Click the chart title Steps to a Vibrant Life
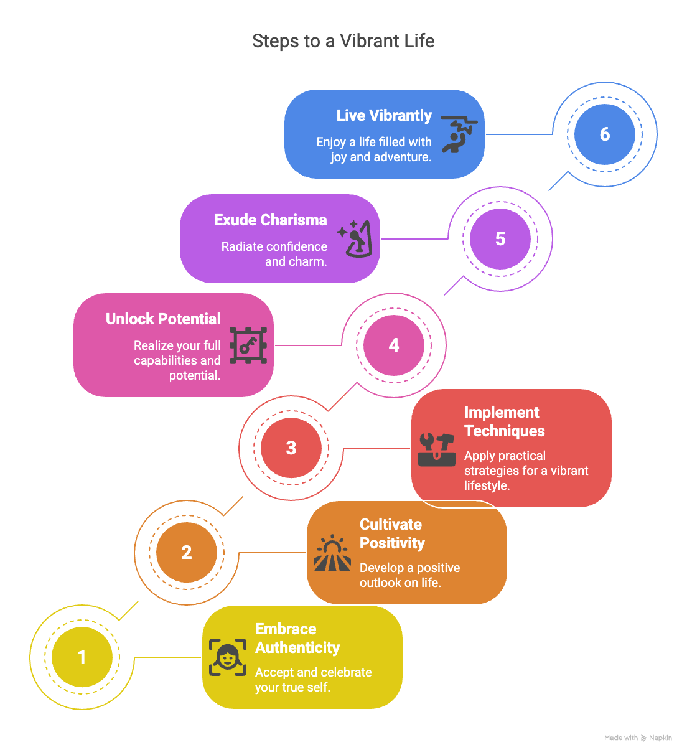(x=343, y=41)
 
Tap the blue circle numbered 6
(x=604, y=134)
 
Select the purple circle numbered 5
(x=500, y=239)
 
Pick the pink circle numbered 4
(x=393, y=345)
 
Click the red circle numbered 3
(x=291, y=448)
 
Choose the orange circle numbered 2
(x=186, y=553)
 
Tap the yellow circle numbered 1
(x=82, y=657)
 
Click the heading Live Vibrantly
(x=383, y=116)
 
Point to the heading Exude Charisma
(x=270, y=220)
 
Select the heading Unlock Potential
(x=163, y=319)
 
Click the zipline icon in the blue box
(x=459, y=134)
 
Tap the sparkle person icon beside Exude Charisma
(x=355, y=238)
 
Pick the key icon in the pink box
(x=248, y=345)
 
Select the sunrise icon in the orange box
(x=332, y=553)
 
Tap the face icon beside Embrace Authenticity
(x=227, y=657)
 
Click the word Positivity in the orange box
(x=392, y=543)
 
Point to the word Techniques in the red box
(x=504, y=431)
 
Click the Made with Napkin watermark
(x=638, y=738)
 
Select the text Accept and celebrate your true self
(x=313, y=680)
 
